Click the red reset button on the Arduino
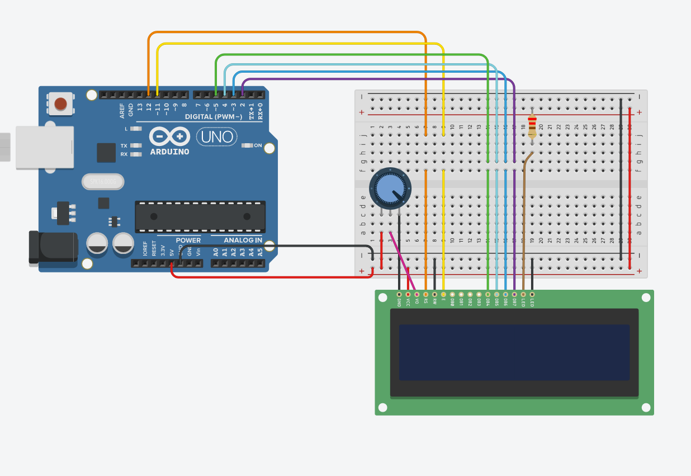click(60, 103)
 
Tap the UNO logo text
click(217, 136)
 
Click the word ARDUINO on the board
click(169, 152)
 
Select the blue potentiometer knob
click(390, 188)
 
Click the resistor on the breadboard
click(532, 125)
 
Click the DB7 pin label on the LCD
click(514, 302)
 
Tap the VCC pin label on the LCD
click(408, 302)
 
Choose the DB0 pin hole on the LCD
click(452, 294)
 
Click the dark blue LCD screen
click(514, 352)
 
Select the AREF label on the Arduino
click(122, 110)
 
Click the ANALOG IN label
click(243, 241)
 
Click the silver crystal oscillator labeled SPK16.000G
click(103, 182)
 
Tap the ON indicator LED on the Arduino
click(247, 145)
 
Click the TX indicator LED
click(135, 145)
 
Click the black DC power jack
click(53, 247)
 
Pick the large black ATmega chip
click(200, 216)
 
